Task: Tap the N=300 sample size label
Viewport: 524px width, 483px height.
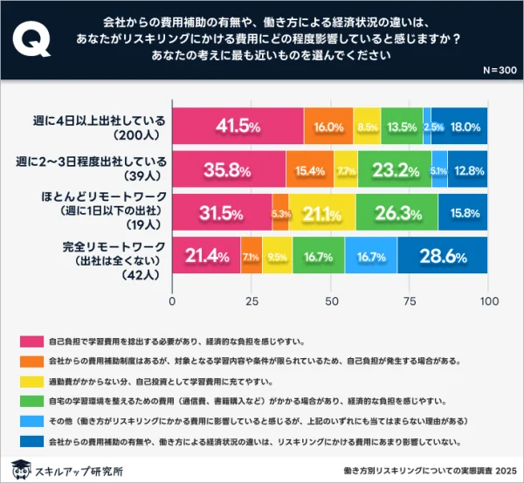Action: (498, 70)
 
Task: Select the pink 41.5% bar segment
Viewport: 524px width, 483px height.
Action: (238, 127)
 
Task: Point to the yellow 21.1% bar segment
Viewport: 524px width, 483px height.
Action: (322, 212)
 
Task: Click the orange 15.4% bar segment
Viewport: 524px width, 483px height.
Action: (309, 169)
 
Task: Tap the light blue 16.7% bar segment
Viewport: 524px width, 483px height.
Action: (370, 255)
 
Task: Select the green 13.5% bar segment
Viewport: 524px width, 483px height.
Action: (402, 127)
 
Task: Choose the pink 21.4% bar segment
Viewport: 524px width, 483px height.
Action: (206, 255)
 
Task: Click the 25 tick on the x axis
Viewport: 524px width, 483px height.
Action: (252, 301)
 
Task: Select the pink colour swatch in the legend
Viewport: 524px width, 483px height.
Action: (30, 339)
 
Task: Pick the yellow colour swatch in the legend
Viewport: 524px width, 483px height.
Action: (30, 381)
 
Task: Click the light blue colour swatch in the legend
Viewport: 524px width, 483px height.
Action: (30, 422)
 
